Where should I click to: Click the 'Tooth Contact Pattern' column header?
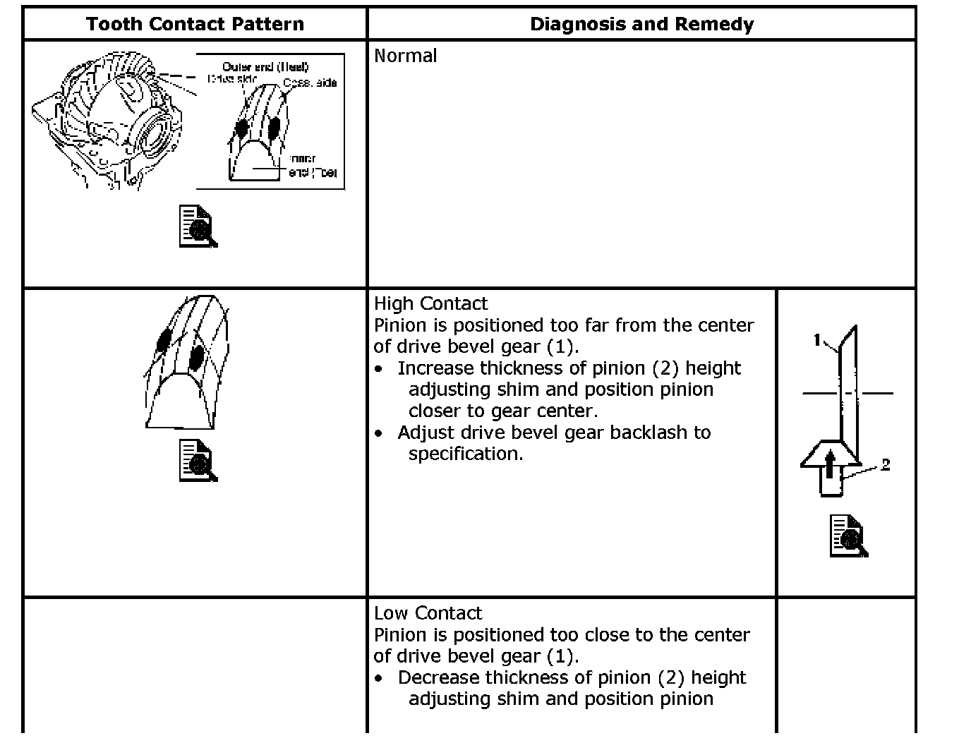coord(195,24)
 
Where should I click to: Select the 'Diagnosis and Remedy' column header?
coord(641,24)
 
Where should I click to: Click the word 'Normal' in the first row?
coord(405,56)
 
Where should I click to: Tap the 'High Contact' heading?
coord(430,303)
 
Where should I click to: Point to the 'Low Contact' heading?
coord(428,613)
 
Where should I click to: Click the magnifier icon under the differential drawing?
coord(198,226)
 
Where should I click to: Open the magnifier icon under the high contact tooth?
coord(198,461)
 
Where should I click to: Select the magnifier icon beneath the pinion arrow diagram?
coord(848,536)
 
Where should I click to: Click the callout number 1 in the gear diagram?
coord(817,341)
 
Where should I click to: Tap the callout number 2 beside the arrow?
coord(886,464)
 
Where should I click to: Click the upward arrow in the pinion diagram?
coord(831,466)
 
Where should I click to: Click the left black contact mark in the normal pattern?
coord(241,128)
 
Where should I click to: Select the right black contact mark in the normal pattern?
coord(274,126)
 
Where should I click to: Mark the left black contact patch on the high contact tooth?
coord(164,341)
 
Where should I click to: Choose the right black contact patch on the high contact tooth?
coord(197,357)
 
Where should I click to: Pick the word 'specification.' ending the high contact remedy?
coord(466,454)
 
